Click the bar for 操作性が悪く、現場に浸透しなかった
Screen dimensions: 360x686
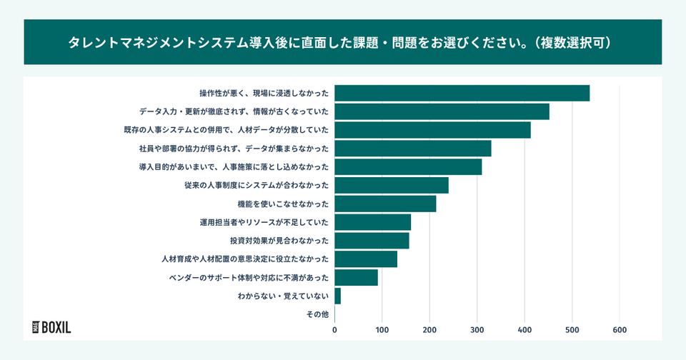point(462,93)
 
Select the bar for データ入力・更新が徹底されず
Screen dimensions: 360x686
point(442,111)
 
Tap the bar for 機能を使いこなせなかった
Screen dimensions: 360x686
point(385,204)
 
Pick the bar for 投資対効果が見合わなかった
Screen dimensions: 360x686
point(372,241)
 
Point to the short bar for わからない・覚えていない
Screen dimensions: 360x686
point(337,296)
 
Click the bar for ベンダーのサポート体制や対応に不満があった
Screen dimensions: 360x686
point(356,277)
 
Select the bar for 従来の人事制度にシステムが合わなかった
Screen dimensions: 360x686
point(392,185)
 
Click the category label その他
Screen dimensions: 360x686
point(317,314)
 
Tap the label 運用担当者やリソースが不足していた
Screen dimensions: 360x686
point(264,222)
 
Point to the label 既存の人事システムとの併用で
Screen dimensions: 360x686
point(227,130)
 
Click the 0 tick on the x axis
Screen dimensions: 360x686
point(334,330)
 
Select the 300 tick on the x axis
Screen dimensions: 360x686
point(477,330)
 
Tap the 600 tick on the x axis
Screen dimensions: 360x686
point(620,330)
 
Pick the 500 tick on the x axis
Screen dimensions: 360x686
point(572,330)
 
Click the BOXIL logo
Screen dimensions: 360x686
point(51,327)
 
